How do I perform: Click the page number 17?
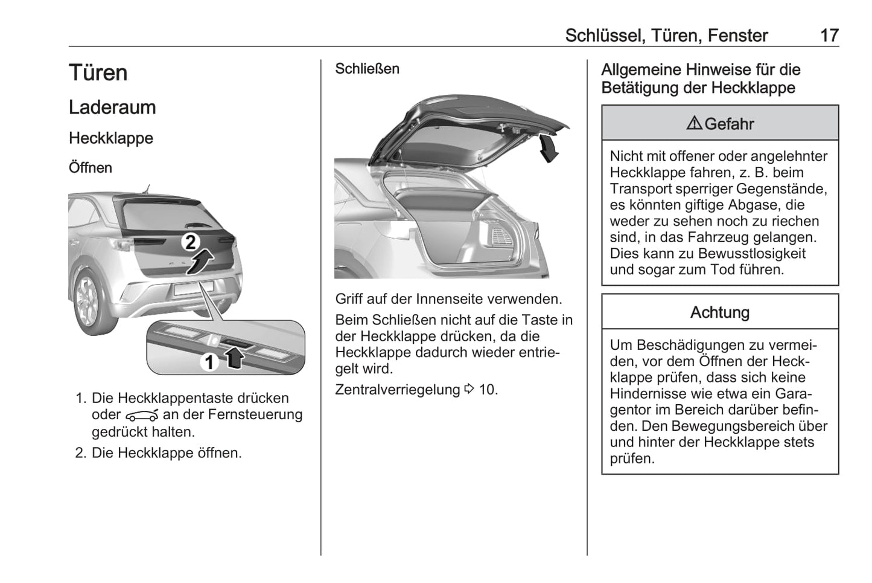[x=829, y=36]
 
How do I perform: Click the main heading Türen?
[x=98, y=73]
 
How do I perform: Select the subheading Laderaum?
[x=112, y=108]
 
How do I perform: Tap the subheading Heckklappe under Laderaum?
[x=111, y=138]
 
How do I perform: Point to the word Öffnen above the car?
[x=91, y=167]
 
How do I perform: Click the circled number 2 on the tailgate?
[x=190, y=242]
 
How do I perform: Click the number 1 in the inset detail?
[x=209, y=362]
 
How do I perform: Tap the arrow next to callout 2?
[x=201, y=262]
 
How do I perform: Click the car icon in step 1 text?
[x=142, y=416]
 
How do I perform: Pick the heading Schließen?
[x=367, y=69]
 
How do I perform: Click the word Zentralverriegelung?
[x=397, y=390]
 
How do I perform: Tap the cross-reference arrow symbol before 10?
[x=469, y=389]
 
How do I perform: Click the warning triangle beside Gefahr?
[x=694, y=124]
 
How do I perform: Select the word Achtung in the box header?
[x=720, y=312]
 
